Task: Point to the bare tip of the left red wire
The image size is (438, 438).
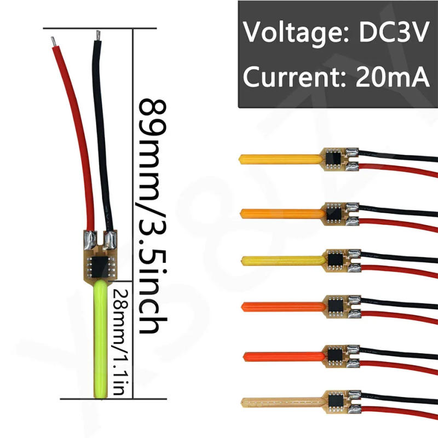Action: coord(53,41)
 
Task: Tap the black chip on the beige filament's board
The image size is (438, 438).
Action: coord(336,401)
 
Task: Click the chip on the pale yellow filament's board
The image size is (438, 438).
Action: coord(336,257)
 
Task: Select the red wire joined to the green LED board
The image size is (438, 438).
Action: coord(77,137)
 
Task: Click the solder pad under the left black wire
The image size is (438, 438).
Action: coord(109,239)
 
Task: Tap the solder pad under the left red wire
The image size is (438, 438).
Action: coord(89,239)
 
